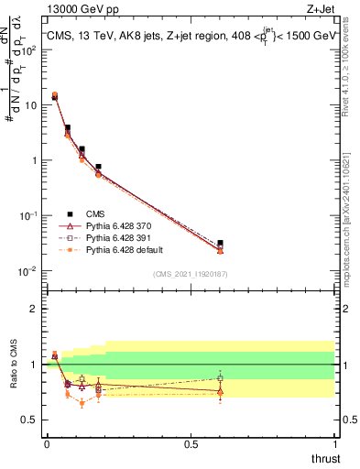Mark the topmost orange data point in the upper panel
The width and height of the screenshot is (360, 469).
pyautogui.click(x=54, y=94)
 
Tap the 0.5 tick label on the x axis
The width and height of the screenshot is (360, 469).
pyautogui.click(x=191, y=443)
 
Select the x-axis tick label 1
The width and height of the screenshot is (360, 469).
pyautogui.click(x=334, y=443)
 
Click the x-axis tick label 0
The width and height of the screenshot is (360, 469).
pyautogui.click(x=47, y=443)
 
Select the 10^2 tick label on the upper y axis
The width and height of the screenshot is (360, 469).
pyautogui.click(x=30, y=49)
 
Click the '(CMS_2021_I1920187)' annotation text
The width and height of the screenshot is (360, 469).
pyautogui.click(x=191, y=274)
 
